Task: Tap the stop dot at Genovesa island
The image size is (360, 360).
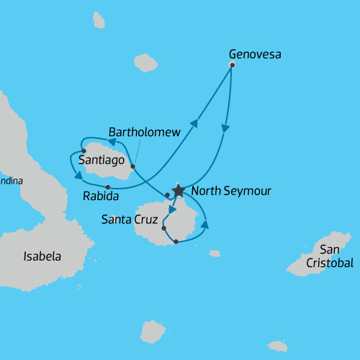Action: point(232,66)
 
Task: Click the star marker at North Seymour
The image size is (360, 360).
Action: point(178,192)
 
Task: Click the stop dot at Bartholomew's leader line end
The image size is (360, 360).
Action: point(132,166)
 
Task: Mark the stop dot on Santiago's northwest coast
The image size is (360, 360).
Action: point(84,151)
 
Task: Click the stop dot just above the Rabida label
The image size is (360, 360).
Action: point(108,188)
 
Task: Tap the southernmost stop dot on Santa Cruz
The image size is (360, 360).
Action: point(176,242)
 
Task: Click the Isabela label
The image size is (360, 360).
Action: point(42,256)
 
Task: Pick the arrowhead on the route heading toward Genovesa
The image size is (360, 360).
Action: point(193,124)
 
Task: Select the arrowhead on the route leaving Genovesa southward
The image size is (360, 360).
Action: point(225,130)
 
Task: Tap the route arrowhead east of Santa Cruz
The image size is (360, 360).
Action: point(204,225)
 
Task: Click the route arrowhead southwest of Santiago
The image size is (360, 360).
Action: point(78,174)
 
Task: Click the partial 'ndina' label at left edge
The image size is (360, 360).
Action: point(11,181)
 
